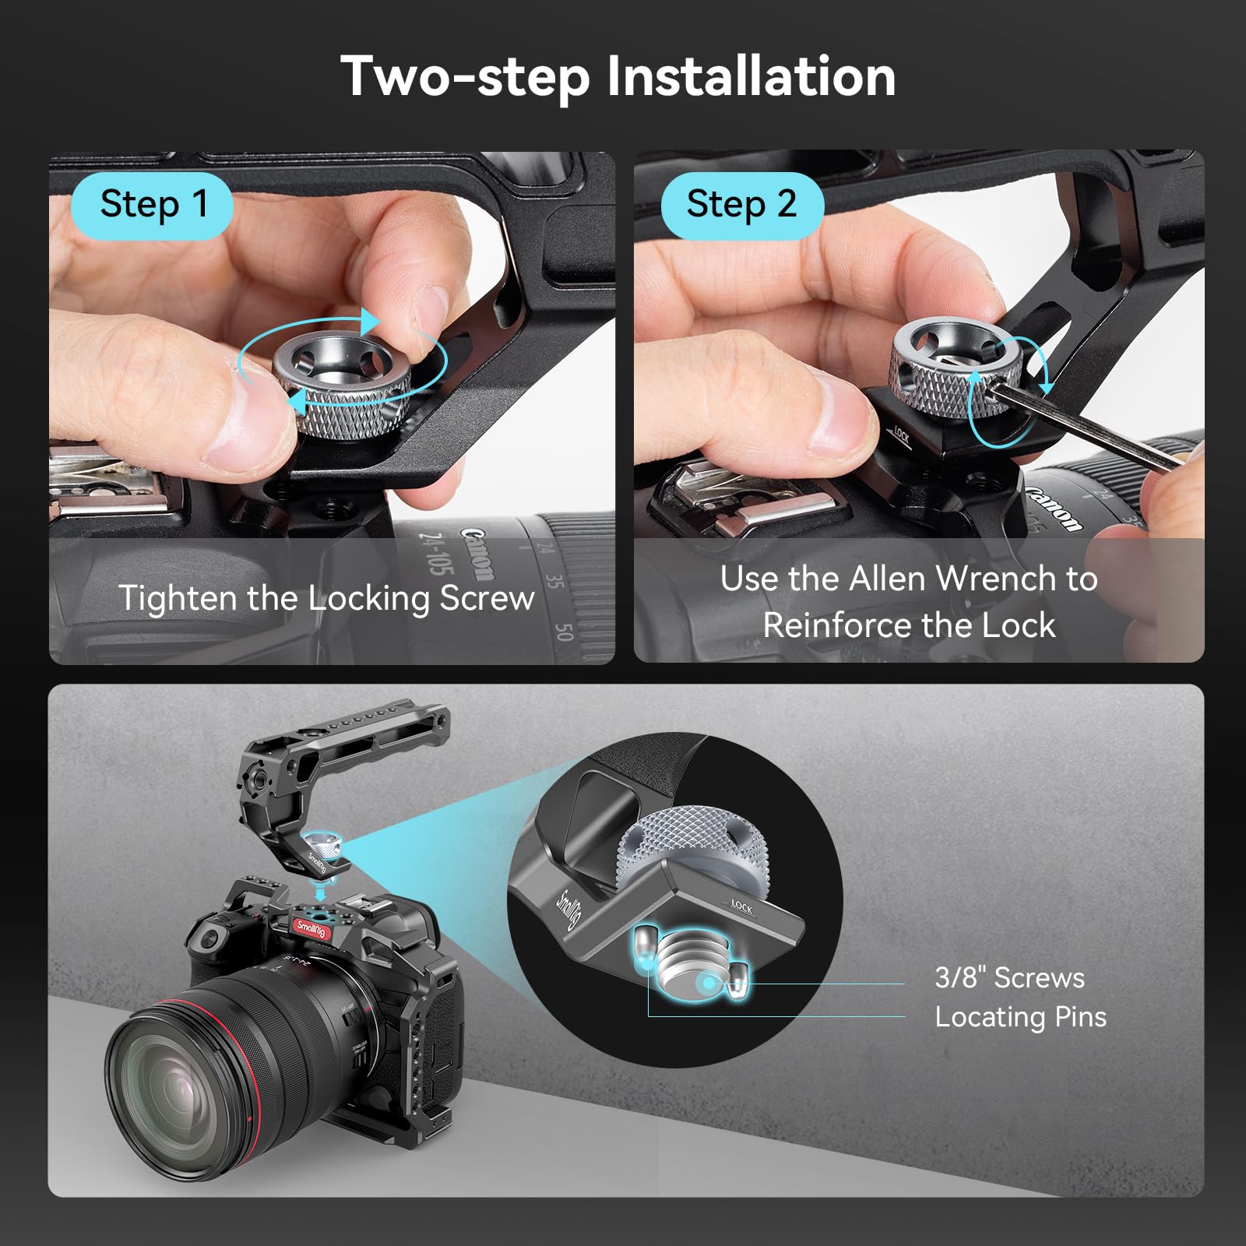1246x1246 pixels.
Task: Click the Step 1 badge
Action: [x=153, y=205]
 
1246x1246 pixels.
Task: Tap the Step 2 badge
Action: [x=741, y=205]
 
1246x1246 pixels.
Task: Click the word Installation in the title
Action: [x=751, y=76]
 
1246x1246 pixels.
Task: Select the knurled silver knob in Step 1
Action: [x=343, y=382]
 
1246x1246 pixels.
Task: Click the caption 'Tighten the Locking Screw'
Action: [x=327, y=598]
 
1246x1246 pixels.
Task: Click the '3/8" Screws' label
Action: [x=1009, y=977]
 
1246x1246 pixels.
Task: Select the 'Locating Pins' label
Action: [x=1020, y=1017]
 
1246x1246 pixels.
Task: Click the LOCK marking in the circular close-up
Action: [x=741, y=907]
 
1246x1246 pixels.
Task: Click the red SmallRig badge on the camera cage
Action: [x=311, y=927]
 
